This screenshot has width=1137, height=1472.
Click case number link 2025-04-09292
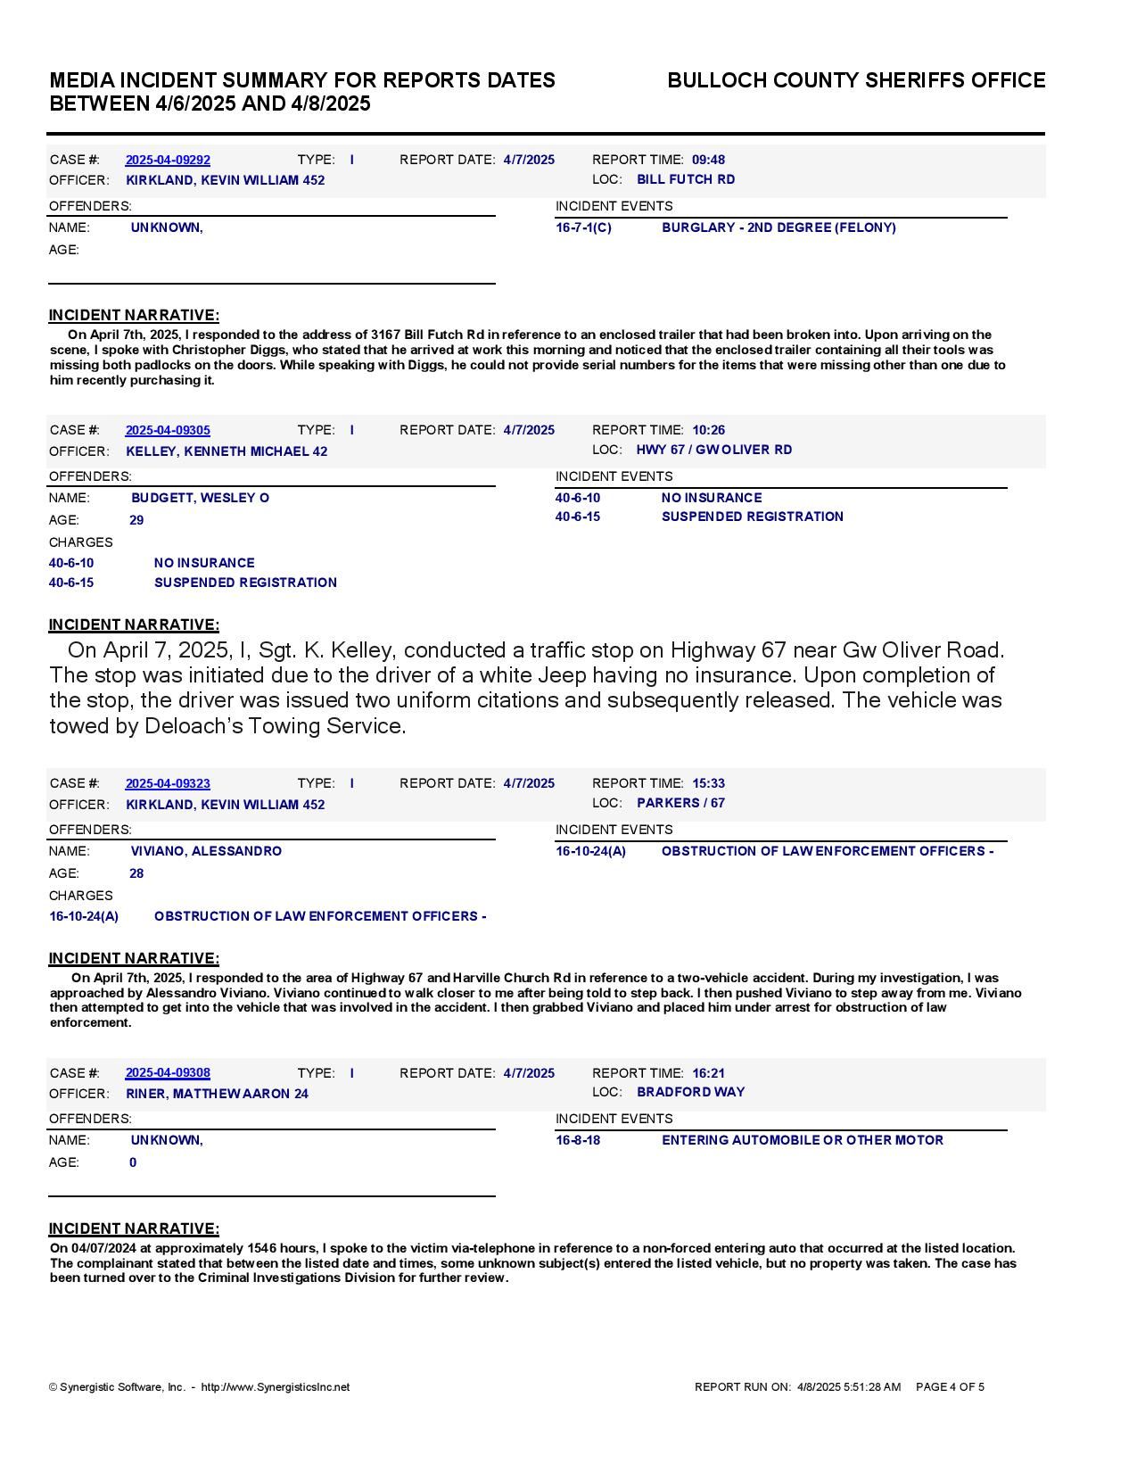coord(168,160)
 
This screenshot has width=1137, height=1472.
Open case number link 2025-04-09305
coord(168,430)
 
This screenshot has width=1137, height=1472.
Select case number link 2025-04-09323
coord(168,783)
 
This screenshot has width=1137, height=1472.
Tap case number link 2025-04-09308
coord(168,1072)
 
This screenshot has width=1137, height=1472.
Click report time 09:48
coord(708,160)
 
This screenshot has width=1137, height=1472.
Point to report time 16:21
coord(708,1073)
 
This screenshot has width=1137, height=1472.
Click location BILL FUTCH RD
coord(686,179)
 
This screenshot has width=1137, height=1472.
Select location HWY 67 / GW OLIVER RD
coord(713,450)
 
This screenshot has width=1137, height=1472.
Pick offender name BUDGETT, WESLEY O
coord(200,498)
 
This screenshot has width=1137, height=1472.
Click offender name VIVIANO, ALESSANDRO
coord(206,851)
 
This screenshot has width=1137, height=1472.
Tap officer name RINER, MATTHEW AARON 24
coord(217,1094)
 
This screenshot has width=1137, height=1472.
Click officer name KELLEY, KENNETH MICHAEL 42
coord(227,451)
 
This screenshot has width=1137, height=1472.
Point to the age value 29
coord(136,520)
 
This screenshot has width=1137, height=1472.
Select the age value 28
coord(136,873)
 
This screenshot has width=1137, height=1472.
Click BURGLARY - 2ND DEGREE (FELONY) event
coord(779,227)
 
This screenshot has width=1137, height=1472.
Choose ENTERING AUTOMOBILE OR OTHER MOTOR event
coord(802,1140)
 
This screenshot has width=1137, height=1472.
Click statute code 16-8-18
coord(578,1140)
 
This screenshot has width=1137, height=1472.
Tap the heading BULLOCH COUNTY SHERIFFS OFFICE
coord(856,80)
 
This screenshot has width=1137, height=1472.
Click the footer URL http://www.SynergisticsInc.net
coord(276,1387)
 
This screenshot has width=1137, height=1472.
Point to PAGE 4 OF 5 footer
coord(950,1387)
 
